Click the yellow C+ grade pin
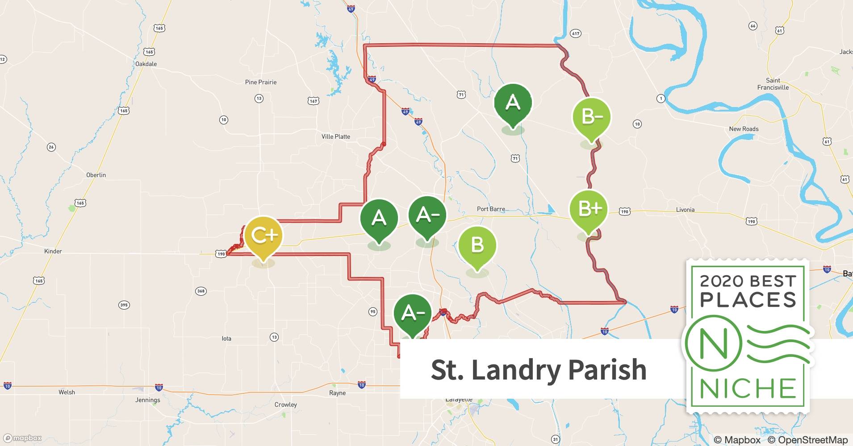point(263,235)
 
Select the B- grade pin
point(591,117)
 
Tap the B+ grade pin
point(589,208)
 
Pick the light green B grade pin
point(477,245)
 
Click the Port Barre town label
point(491,209)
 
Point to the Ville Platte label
point(336,136)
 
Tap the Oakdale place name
point(146,64)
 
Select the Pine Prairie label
point(261,82)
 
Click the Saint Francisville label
point(773,84)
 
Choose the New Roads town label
point(744,129)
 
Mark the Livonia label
point(685,210)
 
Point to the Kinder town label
point(53,251)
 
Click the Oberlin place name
point(96,175)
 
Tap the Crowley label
point(285,405)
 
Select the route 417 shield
point(575,33)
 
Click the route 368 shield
point(201,291)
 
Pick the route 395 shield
point(124,306)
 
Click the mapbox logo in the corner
point(22,438)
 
